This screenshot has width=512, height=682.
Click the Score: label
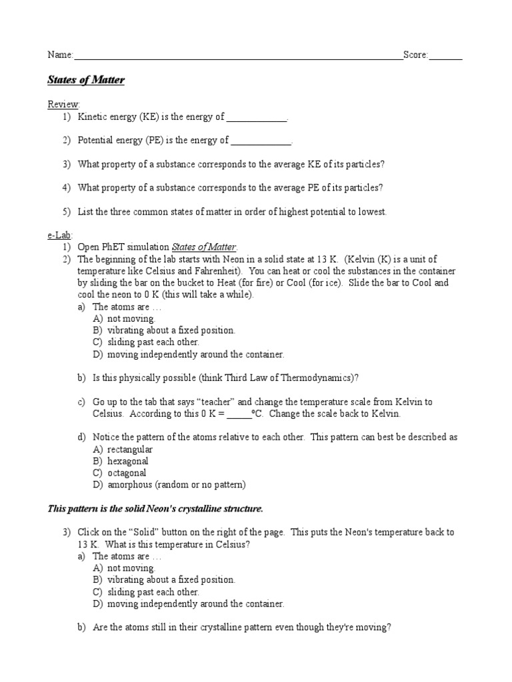pyautogui.click(x=416, y=55)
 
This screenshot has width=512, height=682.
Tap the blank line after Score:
pyautogui.click(x=446, y=57)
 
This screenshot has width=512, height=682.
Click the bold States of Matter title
pyautogui.click(x=86, y=81)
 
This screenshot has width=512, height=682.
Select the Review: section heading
pyautogui.click(x=63, y=105)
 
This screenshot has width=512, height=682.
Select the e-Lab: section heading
pyautogui.click(x=61, y=235)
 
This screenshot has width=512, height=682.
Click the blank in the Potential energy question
pyautogui.click(x=261, y=141)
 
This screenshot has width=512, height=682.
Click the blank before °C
pyautogui.click(x=238, y=414)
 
